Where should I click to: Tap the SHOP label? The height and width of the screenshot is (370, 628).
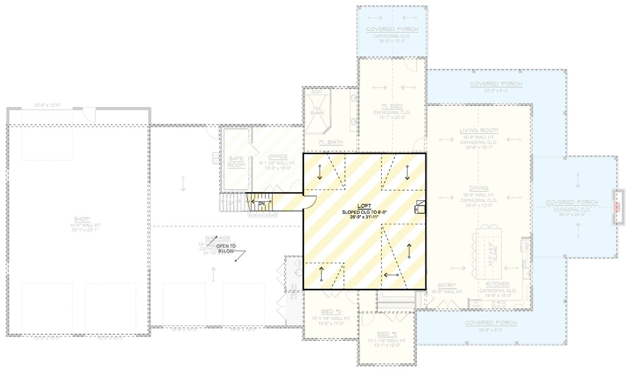coord(83,218)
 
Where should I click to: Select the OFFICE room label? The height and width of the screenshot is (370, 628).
coord(277,157)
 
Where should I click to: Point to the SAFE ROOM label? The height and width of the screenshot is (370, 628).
coord(237,161)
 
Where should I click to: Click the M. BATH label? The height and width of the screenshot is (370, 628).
coord(330,143)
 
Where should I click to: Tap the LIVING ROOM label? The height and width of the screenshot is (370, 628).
coord(478,130)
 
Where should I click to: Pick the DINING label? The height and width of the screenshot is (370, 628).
coord(478,188)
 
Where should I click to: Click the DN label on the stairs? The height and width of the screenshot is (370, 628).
coord(262,203)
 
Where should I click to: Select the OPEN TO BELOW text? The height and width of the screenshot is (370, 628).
coord(226,248)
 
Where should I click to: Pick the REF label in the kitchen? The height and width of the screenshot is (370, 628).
coord(526,245)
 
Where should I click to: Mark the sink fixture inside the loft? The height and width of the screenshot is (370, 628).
coord(420,207)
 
